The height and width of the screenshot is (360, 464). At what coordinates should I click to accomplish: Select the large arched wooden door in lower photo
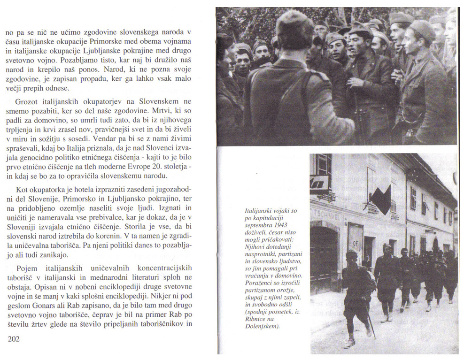[x=325, y=253]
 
